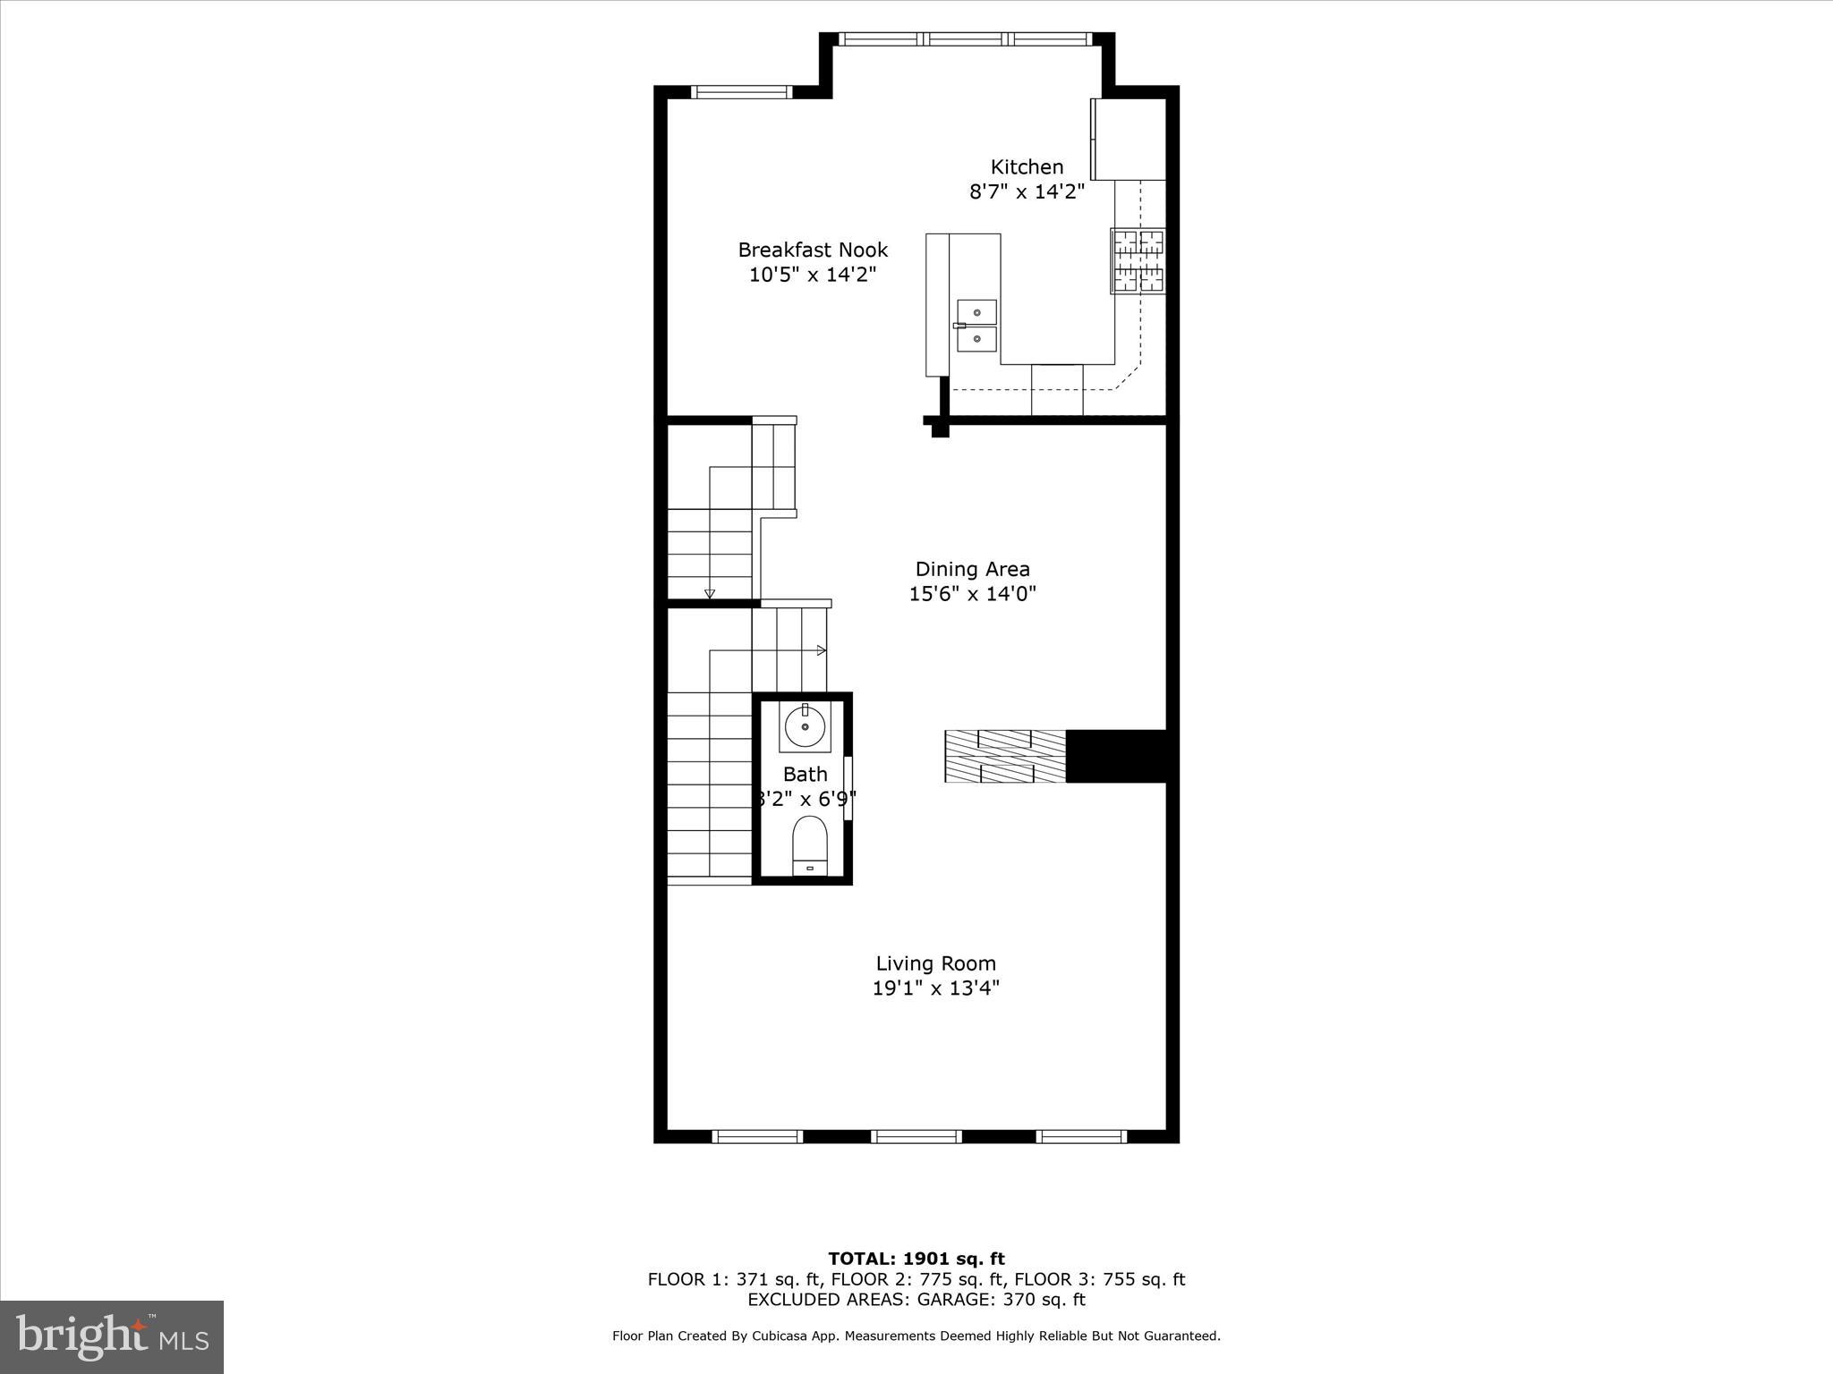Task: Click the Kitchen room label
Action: (x=1027, y=167)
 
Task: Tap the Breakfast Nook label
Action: (x=813, y=250)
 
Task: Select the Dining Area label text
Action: (x=972, y=569)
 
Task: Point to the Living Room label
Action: (x=935, y=963)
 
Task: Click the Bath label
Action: (x=805, y=774)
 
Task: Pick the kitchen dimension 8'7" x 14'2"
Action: (x=1027, y=191)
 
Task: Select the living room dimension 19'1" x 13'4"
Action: (x=935, y=988)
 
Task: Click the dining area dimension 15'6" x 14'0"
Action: (x=972, y=594)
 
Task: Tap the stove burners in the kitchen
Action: (x=1138, y=261)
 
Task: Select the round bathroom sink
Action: (x=806, y=727)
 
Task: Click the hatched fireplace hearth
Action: (x=1005, y=757)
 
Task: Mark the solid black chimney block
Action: (x=1117, y=757)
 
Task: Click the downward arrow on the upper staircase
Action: (x=710, y=593)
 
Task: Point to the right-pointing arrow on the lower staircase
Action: (x=822, y=650)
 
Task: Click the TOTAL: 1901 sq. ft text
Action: (x=916, y=1259)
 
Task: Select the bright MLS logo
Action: (x=112, y=1336)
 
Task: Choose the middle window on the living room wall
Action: (x=916, y=1136)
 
